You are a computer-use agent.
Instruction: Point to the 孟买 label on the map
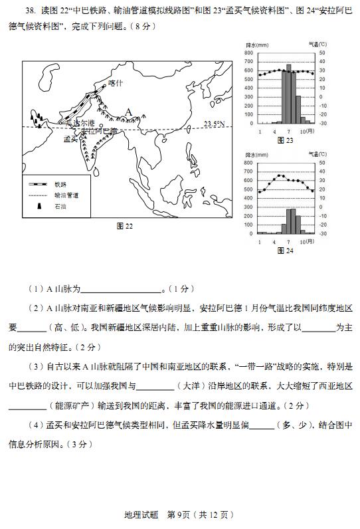[70, 140]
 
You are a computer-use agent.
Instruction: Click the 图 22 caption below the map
[125, 226]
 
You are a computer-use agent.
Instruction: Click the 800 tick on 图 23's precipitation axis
[248, 53]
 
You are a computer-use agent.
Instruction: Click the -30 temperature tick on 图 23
[323, 124]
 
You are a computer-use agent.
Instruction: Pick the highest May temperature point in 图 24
[279, 176]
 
